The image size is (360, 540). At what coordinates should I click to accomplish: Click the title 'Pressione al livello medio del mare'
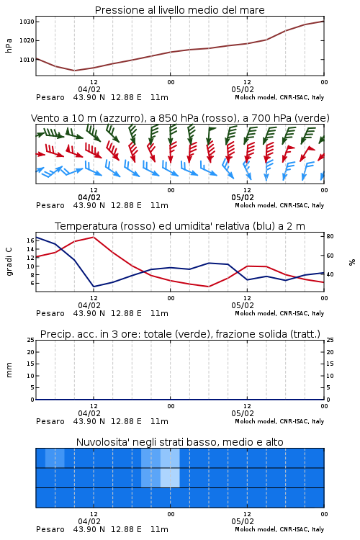(179, 10)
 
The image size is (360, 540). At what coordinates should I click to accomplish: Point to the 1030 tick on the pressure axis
(27, 22)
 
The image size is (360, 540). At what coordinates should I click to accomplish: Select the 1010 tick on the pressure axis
(27, 60)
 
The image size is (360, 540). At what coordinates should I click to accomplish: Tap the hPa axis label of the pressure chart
(9, 45)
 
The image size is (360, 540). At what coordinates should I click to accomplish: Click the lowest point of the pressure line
(74, 71)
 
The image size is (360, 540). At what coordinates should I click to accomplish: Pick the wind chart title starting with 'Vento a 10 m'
(180, 118)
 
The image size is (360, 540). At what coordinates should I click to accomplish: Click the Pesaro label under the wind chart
(50, 205)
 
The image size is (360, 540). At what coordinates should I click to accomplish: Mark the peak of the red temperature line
(94, 237)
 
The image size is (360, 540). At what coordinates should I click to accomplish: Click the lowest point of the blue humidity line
(94, 287)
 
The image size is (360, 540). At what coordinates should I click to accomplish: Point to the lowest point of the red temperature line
(208, 287)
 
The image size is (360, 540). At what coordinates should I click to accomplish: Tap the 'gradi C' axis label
(9, 262)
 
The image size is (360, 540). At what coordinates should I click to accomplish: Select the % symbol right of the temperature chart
(352, 262)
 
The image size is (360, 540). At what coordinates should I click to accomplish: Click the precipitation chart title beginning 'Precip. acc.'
(180, 334)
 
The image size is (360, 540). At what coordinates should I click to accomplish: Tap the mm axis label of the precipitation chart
(9, 370)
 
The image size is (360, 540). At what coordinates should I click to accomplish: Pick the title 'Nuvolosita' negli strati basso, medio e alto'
(179, 442)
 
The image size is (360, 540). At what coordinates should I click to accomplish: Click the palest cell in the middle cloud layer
(170, 477)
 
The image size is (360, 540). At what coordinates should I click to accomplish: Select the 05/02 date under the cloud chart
(243, 521)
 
